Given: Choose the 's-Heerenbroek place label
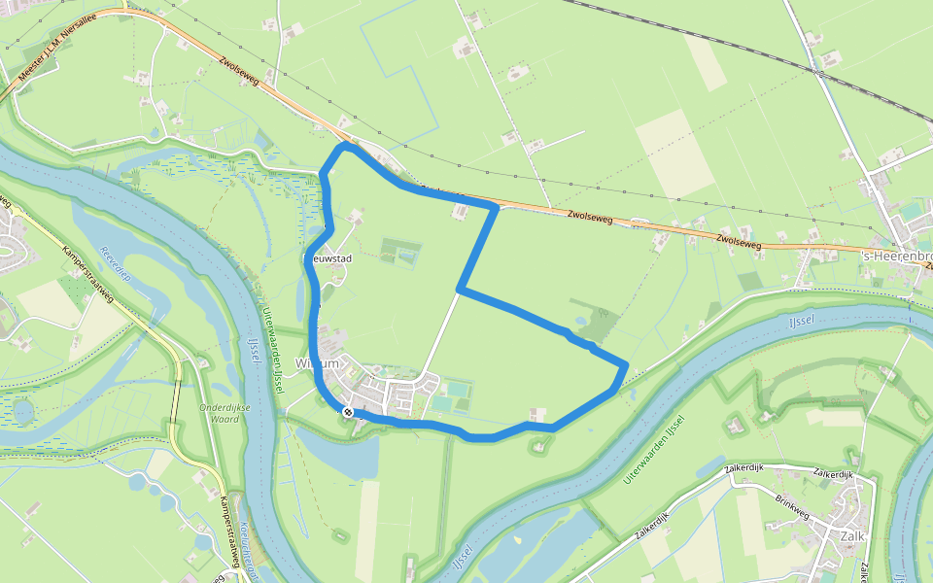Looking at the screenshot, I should (895, 256).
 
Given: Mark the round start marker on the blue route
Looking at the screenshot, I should (347, 412).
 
